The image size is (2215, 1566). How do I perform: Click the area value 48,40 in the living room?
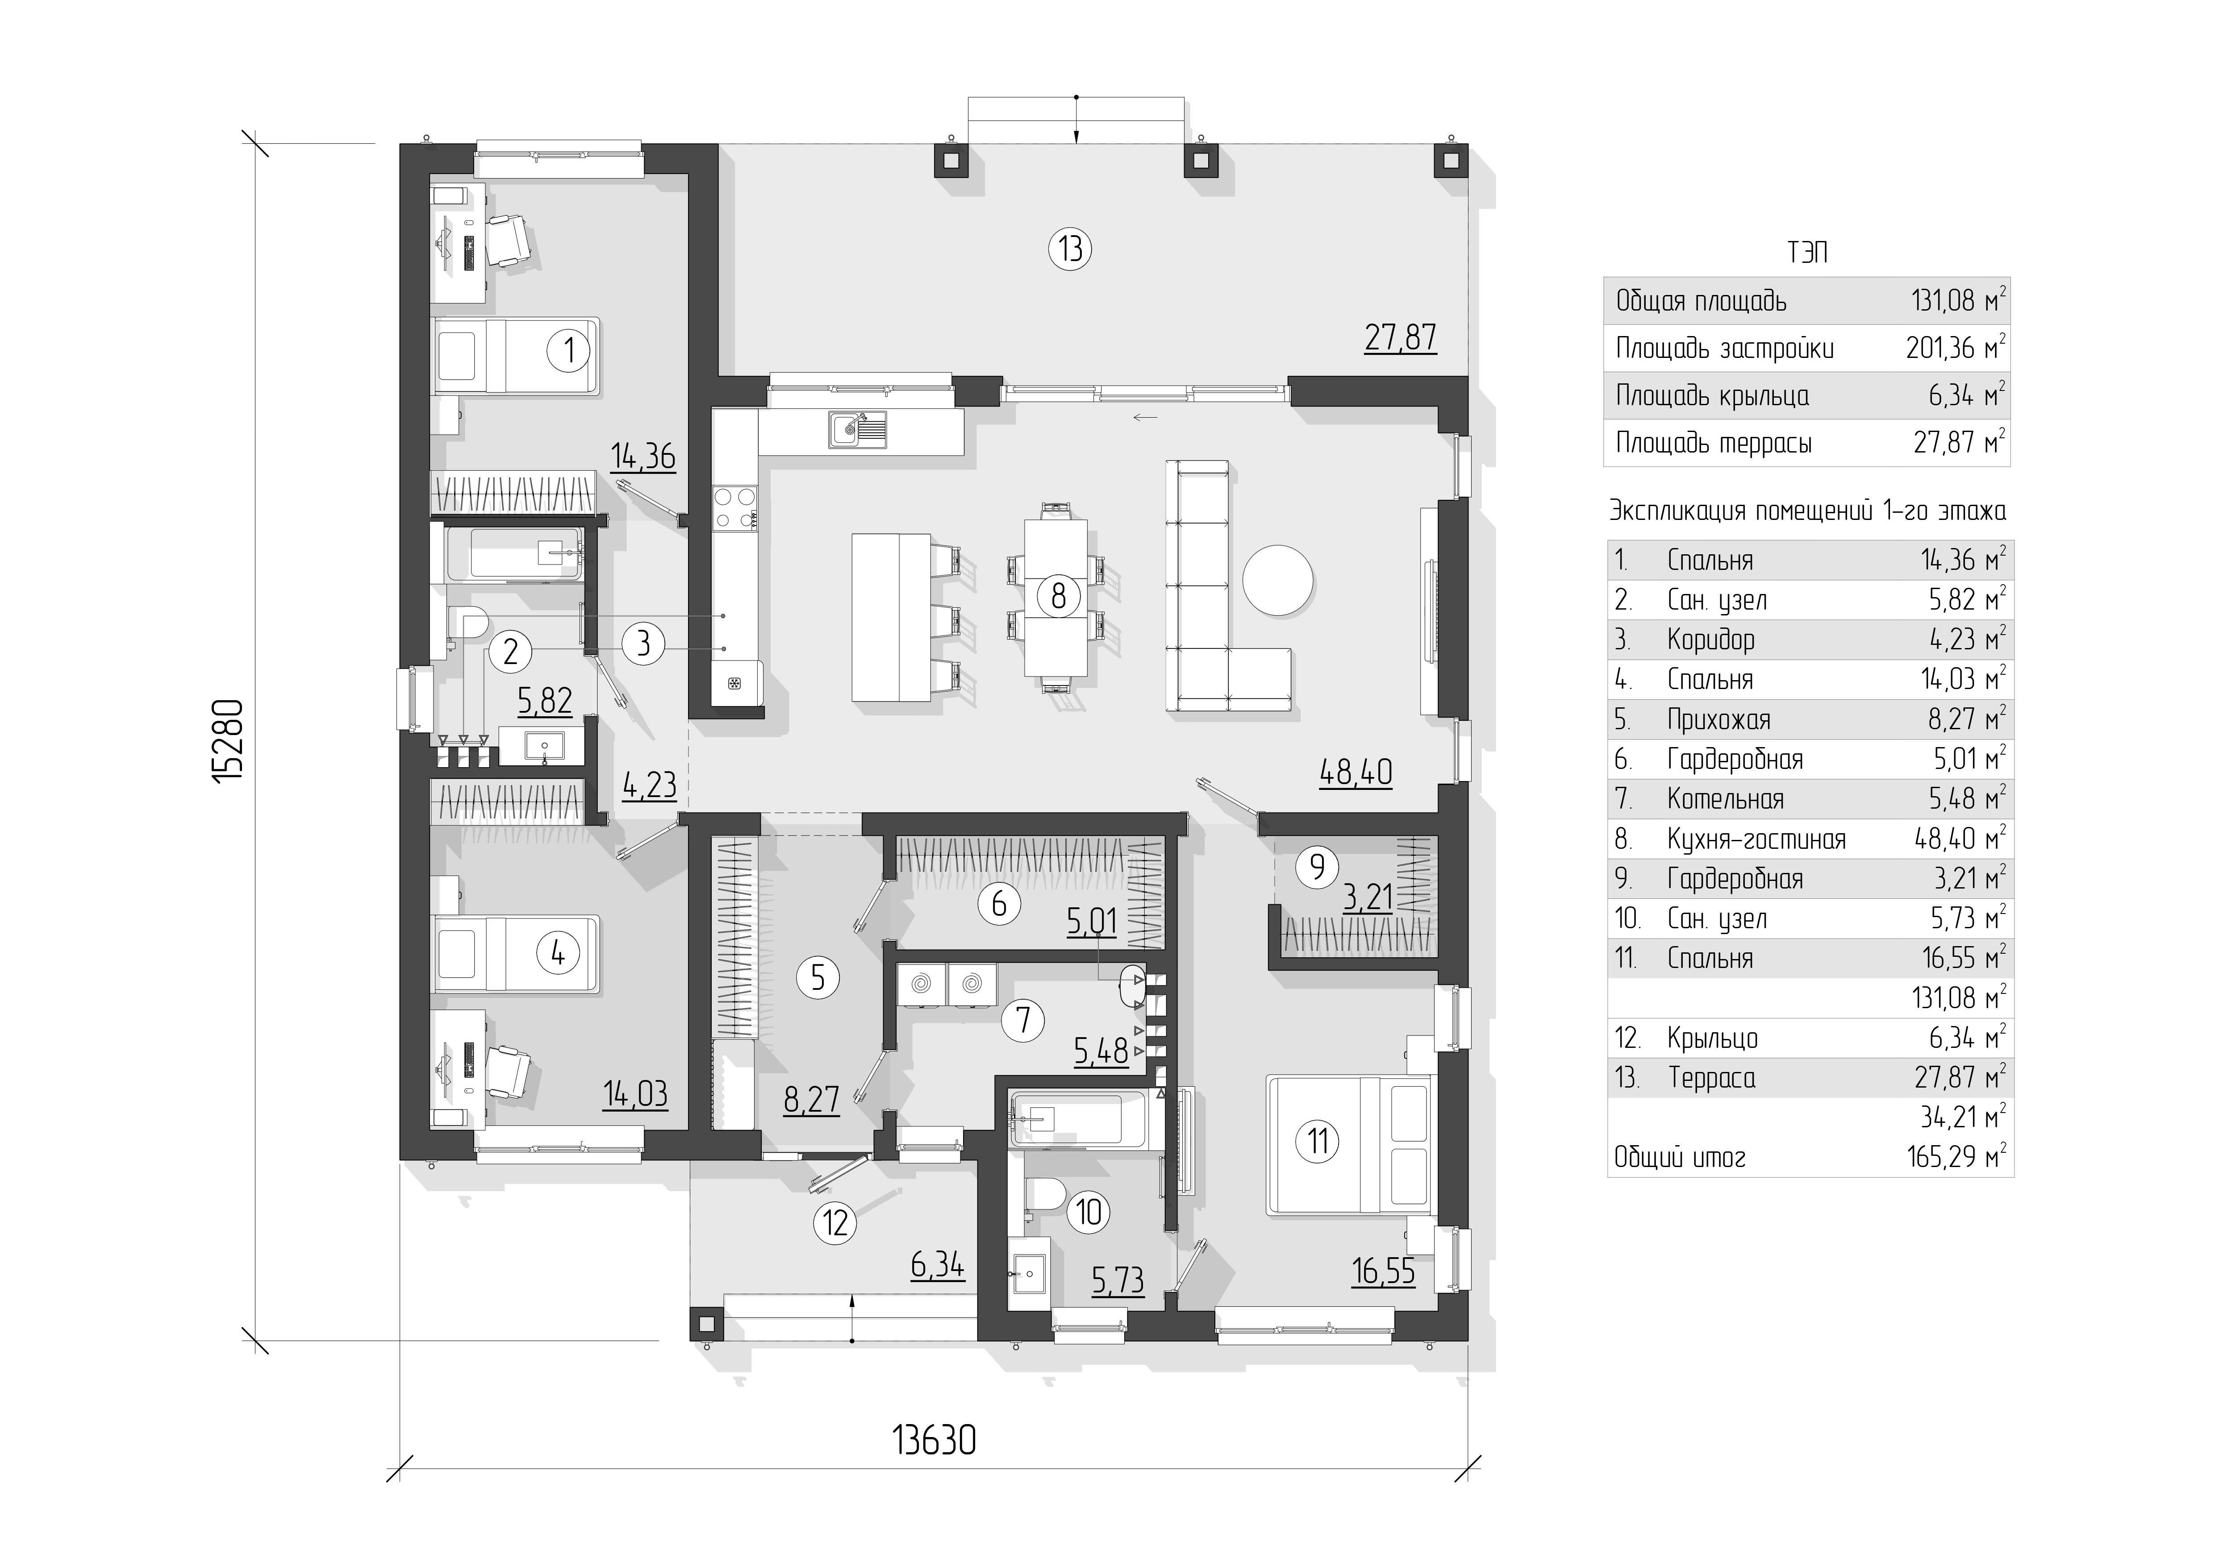point(1356,773)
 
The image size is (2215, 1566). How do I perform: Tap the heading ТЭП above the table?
point(1807,253)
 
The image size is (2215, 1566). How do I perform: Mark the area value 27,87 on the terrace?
point(1400,337)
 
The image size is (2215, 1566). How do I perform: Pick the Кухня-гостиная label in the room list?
point(1756,839)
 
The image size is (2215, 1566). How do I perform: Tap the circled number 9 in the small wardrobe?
point(1317,867)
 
